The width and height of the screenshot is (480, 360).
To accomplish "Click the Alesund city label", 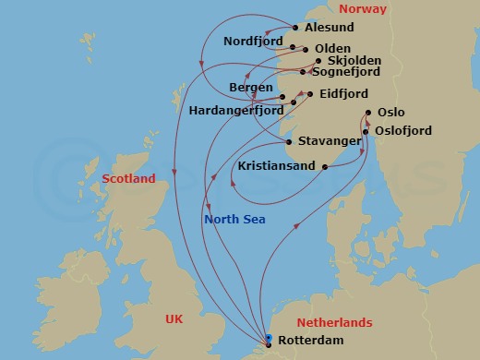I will click(x=330, y=28).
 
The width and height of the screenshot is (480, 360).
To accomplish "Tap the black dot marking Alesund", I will click(x=295, y=28).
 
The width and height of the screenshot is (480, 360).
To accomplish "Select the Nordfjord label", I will click(x=252, y=42).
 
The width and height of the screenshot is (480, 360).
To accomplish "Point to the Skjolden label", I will click(x=348, y=61).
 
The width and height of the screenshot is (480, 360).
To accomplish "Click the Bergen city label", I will click(x=250, y=87).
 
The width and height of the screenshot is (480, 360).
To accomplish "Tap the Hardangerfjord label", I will click(x=235, y=109).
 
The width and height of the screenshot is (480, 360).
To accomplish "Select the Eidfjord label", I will click(x=343, y=94).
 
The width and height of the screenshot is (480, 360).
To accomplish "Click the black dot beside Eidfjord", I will click(x=309, y=94).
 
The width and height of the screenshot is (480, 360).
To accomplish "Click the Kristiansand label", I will click(x=275, y=167).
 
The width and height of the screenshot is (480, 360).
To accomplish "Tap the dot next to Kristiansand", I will click(x=325, y=167).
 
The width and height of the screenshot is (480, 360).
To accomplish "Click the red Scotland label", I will click(x=128, y=179).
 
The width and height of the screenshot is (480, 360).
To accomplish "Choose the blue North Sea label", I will click(x=234, y=220).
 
